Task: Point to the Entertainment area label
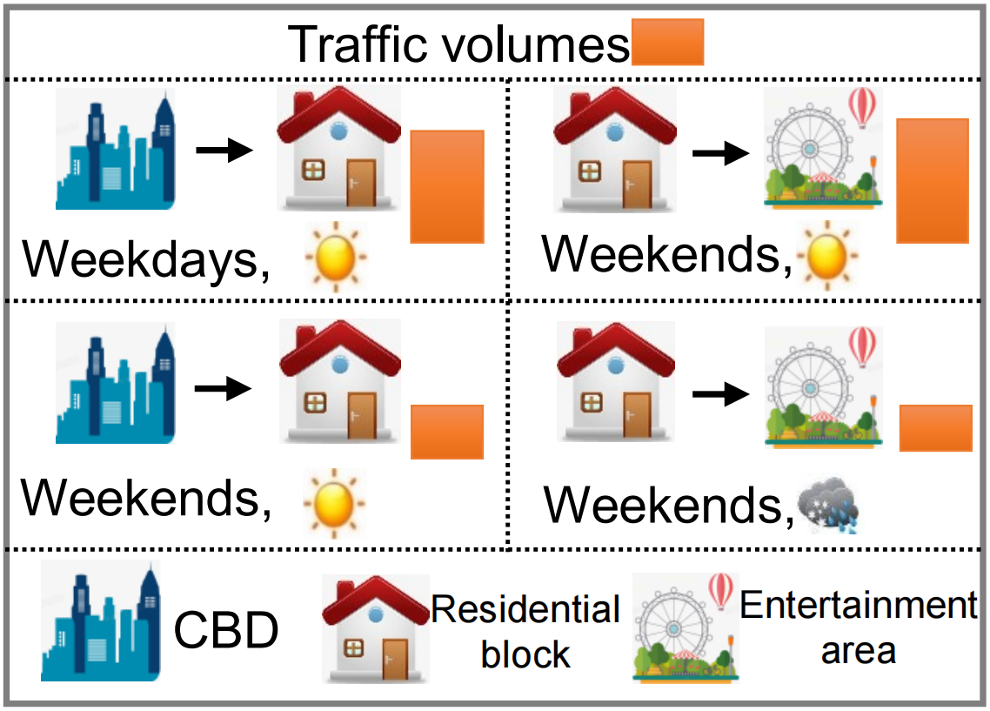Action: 859,627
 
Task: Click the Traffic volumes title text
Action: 458,44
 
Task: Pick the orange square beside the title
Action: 667,46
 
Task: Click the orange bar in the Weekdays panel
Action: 447,186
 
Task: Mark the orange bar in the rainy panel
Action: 935,428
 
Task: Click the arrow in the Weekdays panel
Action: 224,151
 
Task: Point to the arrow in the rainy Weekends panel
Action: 720,394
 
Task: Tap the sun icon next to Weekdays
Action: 335,256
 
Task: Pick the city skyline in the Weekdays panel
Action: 115,150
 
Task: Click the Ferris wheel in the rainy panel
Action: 823,388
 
